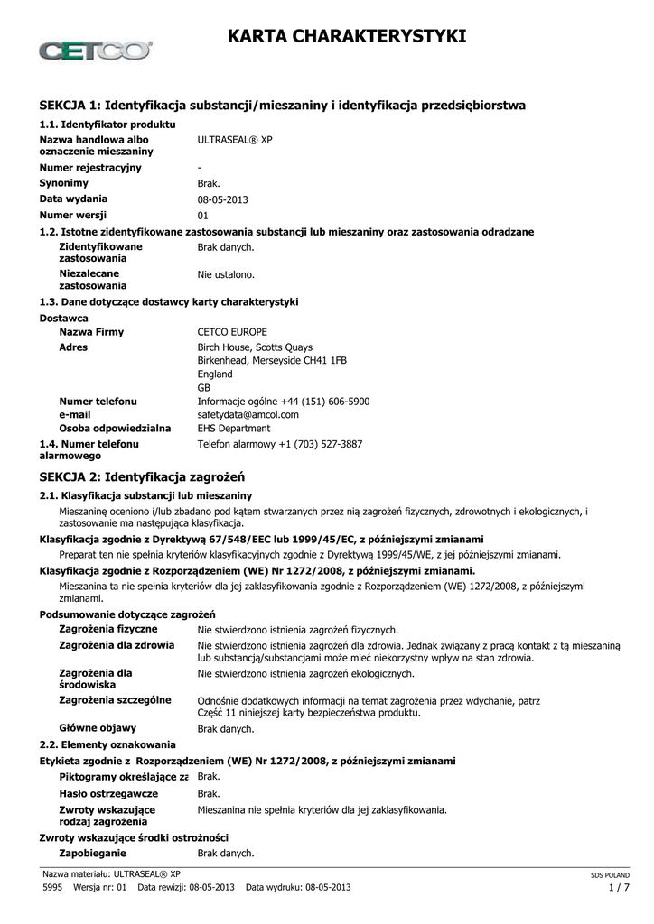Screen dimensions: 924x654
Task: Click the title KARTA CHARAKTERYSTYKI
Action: [347, 35]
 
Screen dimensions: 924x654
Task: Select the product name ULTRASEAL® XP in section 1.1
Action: [234, 141]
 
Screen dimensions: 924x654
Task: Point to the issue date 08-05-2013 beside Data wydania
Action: [222, 199]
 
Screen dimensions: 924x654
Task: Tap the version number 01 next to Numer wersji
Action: [203, 215]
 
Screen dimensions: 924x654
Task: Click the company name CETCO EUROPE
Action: [232, 332]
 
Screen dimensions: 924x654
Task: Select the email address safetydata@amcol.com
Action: [248, 414]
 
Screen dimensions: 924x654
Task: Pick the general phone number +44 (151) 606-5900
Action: [324, 401]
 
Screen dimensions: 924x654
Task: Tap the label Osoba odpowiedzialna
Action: [115, 428]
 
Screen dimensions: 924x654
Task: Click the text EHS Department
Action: [233, 428]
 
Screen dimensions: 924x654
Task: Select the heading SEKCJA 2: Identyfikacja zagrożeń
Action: [143, 476]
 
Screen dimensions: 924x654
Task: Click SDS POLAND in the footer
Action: [610, 875]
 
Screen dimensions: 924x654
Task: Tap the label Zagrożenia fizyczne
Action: [108, 629]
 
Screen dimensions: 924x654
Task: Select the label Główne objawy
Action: [98, 727]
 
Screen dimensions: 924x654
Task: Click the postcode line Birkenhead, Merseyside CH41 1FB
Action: [272, 360]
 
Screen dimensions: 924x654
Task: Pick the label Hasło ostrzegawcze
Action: [108, 793]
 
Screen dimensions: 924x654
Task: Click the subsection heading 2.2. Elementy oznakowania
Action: [108, 744]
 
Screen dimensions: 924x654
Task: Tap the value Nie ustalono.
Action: [226, 273]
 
